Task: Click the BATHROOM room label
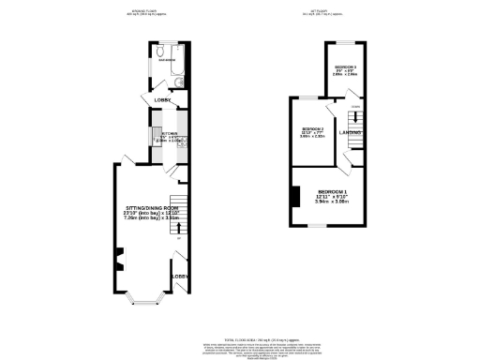point(166,62)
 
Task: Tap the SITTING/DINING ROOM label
point(152,207)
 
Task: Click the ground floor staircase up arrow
point(178,236)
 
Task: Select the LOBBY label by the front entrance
point(179,277)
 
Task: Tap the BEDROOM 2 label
point(312,129)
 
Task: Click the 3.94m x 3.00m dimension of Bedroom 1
point(331,202)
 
